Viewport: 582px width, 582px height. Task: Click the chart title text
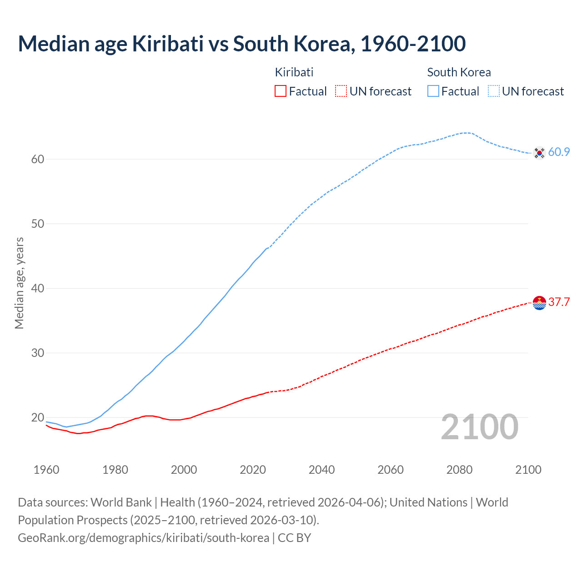(241, 44)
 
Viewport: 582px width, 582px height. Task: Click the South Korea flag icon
(539, 153)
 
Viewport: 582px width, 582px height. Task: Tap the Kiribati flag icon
(539, 302)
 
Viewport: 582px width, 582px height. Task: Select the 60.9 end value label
(559, 152)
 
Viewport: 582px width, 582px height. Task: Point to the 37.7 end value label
(559, 302)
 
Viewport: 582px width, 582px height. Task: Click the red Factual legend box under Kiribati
(281, 91)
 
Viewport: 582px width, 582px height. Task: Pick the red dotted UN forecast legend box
(341, 91)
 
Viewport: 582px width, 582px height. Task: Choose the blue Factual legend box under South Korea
(433, 91)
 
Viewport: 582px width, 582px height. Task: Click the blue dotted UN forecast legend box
(494, 91)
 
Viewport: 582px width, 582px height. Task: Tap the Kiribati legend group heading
(294, 72)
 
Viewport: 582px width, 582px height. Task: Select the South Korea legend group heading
(459, 72)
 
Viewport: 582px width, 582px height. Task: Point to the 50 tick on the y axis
(38, 224)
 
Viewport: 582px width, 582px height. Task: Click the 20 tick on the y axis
(38, 417)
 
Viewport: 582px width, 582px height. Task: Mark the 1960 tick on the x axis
(46, 470)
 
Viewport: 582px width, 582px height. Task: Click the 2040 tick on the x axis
(321, 470)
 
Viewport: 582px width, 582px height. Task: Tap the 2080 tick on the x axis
(459, 470)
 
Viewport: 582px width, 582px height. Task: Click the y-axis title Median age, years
(19, 283)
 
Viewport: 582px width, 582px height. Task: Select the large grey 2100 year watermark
(479, 427)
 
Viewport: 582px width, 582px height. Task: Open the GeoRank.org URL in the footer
(143, 538)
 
